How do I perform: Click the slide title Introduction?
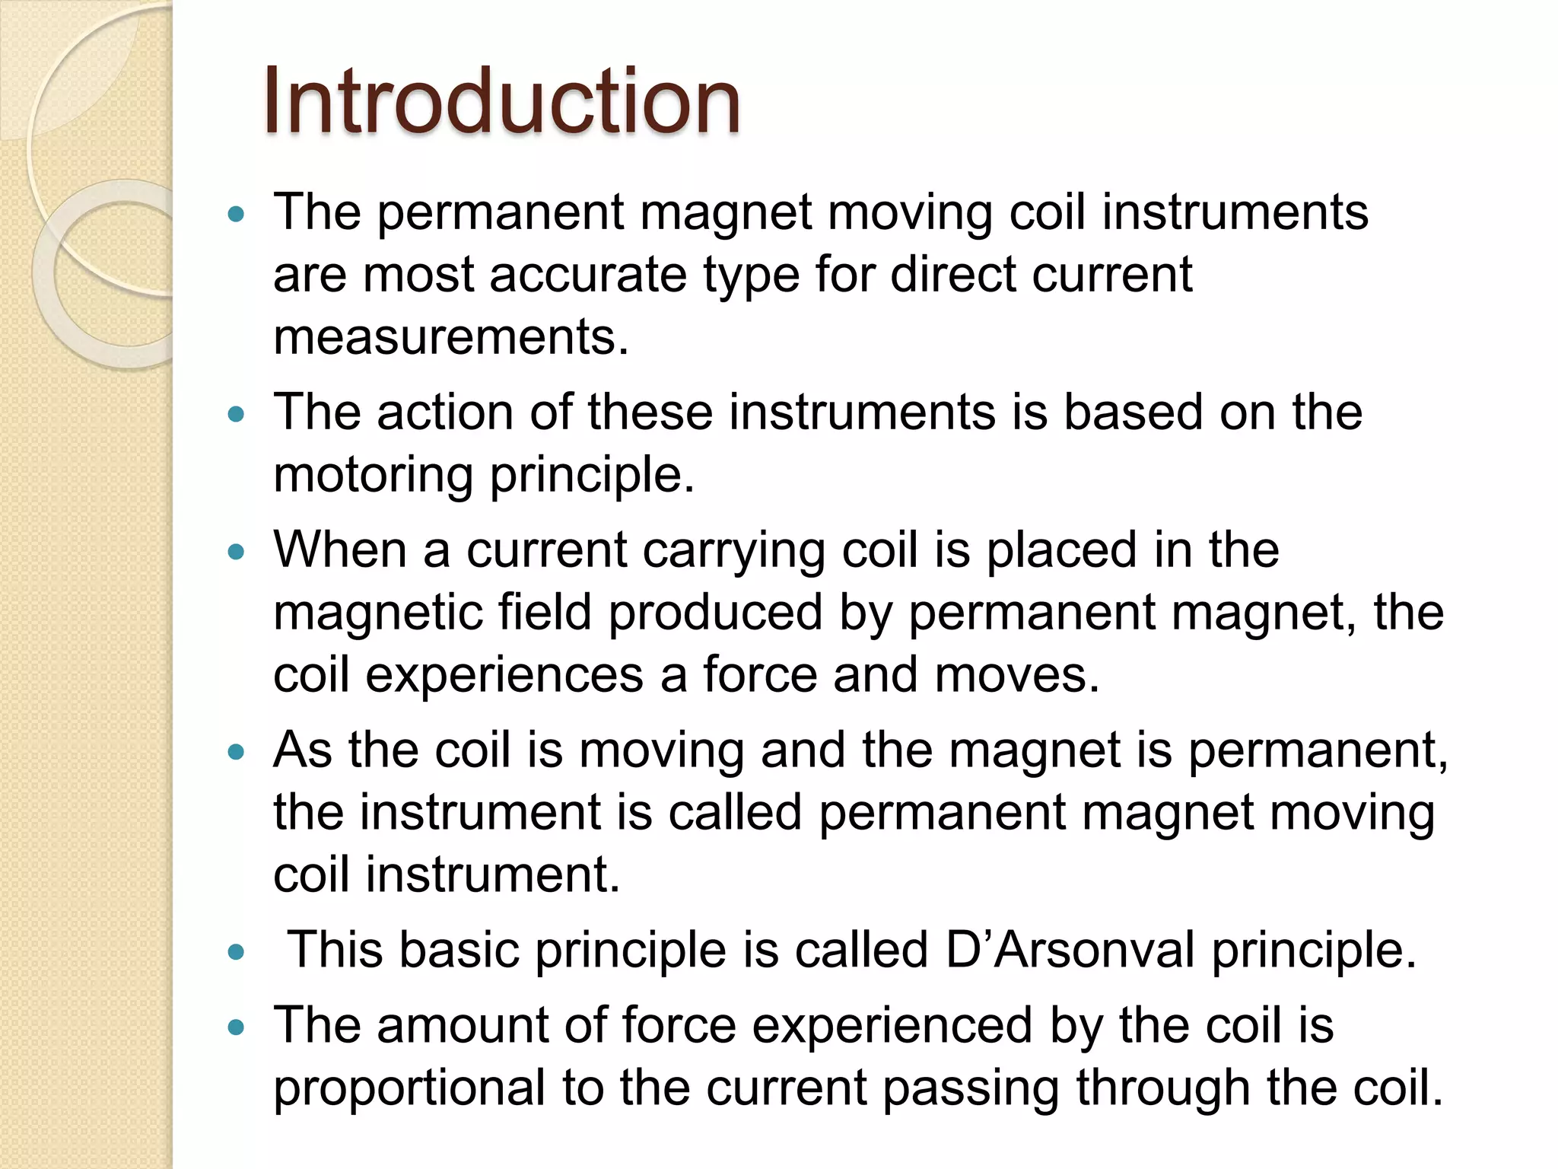501,101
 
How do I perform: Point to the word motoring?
373,475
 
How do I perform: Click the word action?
445,412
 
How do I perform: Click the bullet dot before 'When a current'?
237,552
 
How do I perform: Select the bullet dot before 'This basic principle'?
237,951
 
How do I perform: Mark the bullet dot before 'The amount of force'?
237,1027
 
